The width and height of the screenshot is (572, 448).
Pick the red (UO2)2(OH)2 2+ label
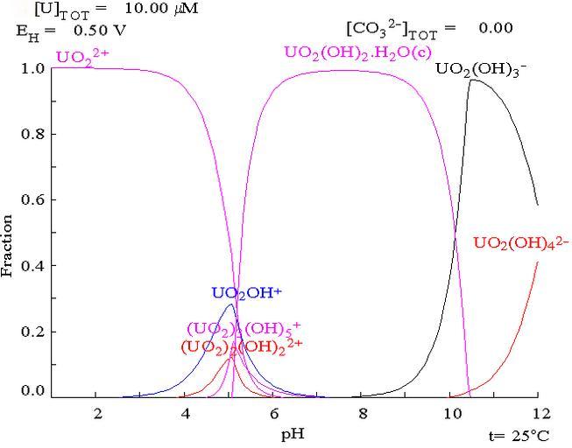(240, 346)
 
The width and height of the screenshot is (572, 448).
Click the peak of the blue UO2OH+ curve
(230, 304)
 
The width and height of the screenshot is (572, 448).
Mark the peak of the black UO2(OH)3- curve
(473, 80)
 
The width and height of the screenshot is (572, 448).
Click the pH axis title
(293, 431)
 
